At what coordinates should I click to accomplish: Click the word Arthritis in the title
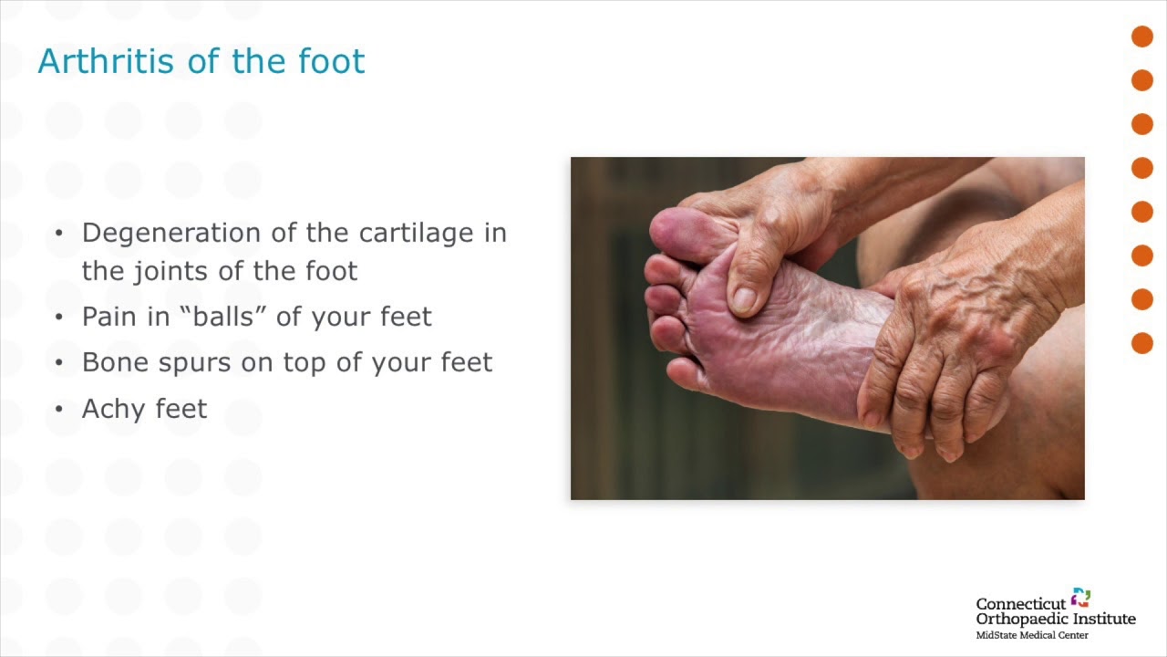pos(106,61)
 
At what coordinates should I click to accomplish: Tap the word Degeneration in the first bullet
pos(171,234)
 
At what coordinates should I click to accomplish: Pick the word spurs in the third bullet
pos(194,363)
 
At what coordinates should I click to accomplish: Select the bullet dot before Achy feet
pos(59,409)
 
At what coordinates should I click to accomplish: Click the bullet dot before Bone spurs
pos(59,362)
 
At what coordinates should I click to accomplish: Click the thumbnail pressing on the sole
pos(745,299)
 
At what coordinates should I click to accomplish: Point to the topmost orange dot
pos(1142,36)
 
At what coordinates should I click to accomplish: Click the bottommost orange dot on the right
pos(1142,343)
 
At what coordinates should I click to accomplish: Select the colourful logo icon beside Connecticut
pos(1081,598)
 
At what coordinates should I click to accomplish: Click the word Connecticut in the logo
pos(1021,604)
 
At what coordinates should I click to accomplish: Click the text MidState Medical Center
pos(1032,635)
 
